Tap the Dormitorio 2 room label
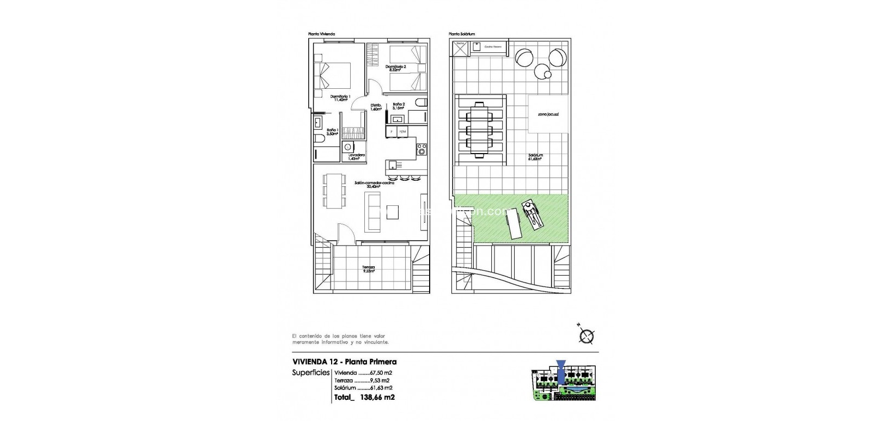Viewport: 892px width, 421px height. [396, 68]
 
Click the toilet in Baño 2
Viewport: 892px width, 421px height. [420, 103]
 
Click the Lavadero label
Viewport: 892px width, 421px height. [357, 156]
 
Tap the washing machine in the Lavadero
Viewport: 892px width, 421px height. [347, 147]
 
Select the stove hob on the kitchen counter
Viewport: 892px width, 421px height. [421, 149]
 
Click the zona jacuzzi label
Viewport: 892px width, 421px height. [548, 114]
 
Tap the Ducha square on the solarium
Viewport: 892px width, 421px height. [460, 48]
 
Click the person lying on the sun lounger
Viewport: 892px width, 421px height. [532, 213]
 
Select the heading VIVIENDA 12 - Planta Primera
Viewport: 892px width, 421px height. [345, 362]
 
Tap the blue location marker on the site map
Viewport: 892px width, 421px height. [560, 368]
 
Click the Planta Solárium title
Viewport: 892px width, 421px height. [462, 34]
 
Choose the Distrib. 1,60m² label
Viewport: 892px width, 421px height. [376, 107]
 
